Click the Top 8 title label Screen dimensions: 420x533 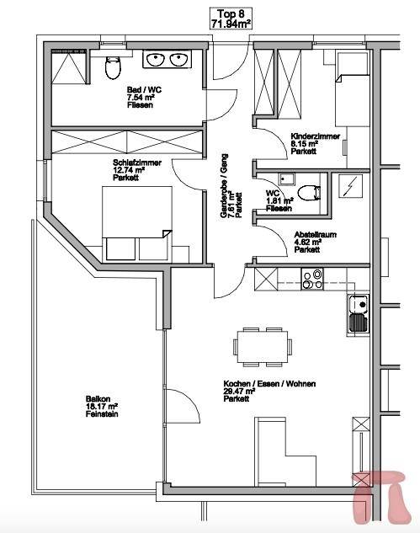231,19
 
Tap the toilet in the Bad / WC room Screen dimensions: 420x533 113,67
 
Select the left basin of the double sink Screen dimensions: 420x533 156,60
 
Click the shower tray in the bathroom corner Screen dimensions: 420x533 69,67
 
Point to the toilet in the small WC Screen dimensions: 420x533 309,193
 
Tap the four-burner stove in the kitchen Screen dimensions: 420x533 312,280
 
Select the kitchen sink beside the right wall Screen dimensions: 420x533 359,312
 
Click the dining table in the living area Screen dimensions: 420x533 263,347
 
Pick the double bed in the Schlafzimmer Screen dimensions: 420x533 137,223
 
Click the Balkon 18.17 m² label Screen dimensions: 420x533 102,407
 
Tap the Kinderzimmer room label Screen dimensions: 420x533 316,143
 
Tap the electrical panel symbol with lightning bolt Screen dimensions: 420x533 351,186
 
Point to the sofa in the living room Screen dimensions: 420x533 285,452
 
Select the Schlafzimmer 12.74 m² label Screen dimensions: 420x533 137,170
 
